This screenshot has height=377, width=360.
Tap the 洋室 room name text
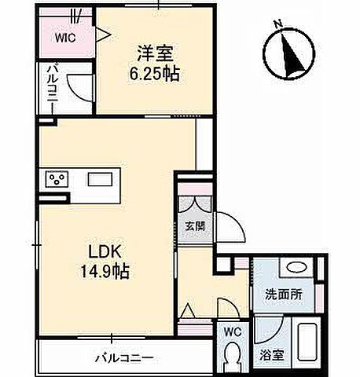[x=150, y=54]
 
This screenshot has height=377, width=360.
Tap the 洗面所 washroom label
[x=281, y=295]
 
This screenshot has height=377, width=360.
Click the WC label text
[x=233, y=332]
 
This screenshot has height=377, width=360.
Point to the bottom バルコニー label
[x=126, y=357]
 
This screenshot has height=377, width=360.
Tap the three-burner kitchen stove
[x=57, y=179]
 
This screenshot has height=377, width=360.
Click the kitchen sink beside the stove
[x=100, y=179]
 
